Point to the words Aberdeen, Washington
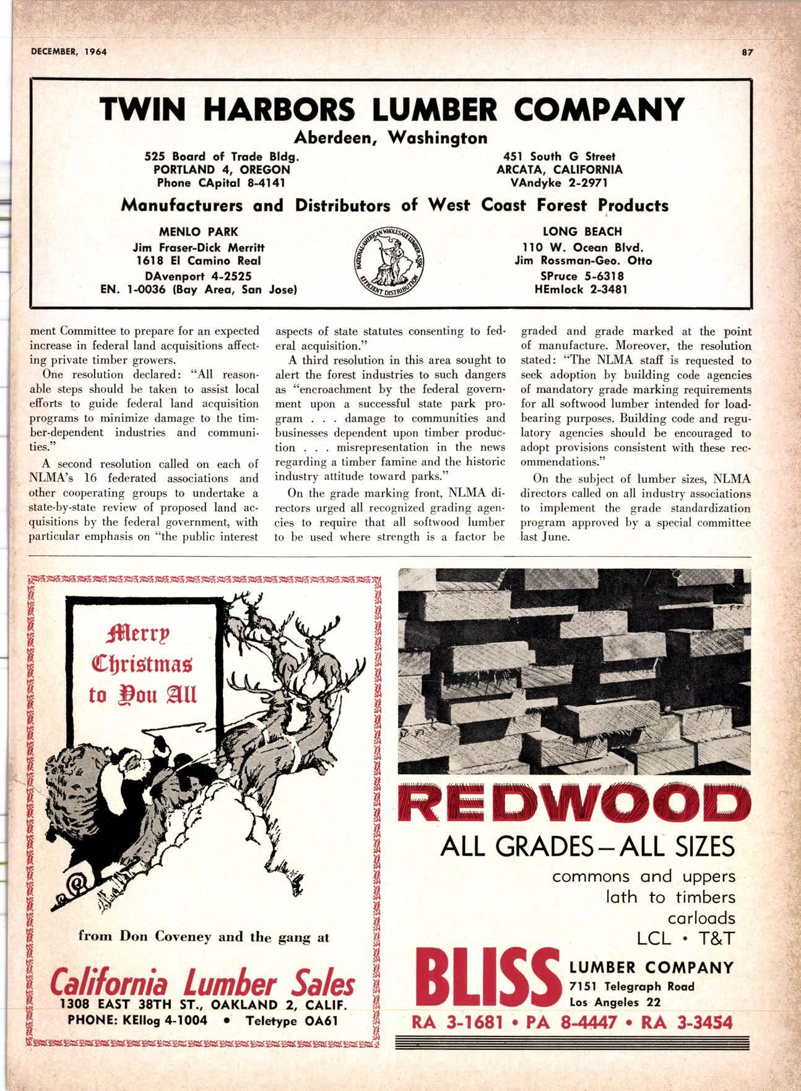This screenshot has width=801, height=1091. pos(391,137)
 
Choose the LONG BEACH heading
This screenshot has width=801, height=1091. pos(582,232)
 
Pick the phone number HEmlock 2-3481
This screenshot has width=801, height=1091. pos(582,289)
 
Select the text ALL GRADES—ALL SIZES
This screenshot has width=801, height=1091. pos(587,846)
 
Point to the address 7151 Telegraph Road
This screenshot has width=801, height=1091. pos(631,987)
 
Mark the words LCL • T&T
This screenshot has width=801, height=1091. pos(685,939)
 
